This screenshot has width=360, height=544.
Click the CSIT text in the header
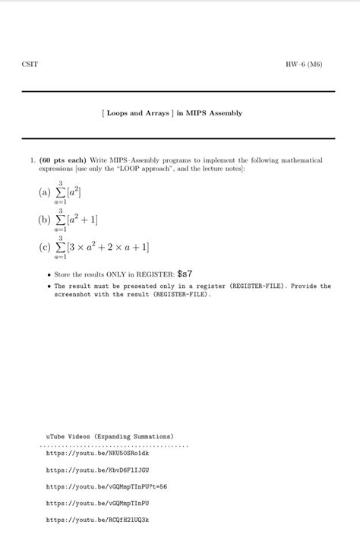(x=30, y=64)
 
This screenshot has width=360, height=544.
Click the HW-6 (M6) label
(x=305, y=64)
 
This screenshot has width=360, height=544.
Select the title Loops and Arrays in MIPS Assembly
(x=172, y=113)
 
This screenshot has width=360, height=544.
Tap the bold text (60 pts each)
(x=63, y=160)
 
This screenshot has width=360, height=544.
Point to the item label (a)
(x=44, y=192)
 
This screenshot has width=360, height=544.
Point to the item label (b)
(x=44, y=220)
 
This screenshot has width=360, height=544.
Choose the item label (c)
(x=44, y=247)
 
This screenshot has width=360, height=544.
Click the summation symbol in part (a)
(x=60, y=192)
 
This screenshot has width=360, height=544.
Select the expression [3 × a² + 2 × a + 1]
(x=109, y=247)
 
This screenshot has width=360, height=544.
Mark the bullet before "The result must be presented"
(x=49, y=287)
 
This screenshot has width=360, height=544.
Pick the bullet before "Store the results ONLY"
(x=49, y=274)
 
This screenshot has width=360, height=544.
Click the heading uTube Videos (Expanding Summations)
(x=110, y=437)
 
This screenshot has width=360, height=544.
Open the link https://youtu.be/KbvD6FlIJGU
(x=97, y=470)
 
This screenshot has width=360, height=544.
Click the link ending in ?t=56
(x=106, y=486)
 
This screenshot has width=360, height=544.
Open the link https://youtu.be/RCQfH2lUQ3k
(x=97, y=520)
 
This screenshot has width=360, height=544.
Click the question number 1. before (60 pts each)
(x=33, y=160)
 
